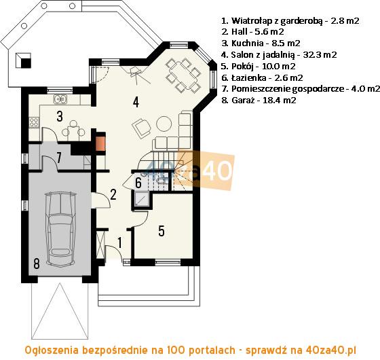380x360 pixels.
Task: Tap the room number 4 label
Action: coord(136,102)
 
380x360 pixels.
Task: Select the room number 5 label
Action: coord(161,231)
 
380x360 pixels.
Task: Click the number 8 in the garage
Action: coord(37,264)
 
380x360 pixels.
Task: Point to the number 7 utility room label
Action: coord(59,158)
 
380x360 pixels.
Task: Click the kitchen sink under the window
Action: coord(60,99)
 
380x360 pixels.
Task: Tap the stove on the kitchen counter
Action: coord(34,122)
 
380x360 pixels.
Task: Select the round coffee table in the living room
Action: coord(164,124)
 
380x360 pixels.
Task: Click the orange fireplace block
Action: coord(101,144)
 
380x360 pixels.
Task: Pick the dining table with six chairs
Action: coord(183,75)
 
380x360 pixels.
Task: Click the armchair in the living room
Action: coord(141,128)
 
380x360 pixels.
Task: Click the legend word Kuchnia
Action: coord(248,43)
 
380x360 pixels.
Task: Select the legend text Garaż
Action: coord(243,101)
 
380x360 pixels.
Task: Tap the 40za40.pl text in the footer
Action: coord(330,350)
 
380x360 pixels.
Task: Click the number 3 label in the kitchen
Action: coord(60,116)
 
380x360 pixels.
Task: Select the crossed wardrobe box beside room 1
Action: coord(100,245)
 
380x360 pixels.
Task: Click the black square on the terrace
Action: coord(26,63)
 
